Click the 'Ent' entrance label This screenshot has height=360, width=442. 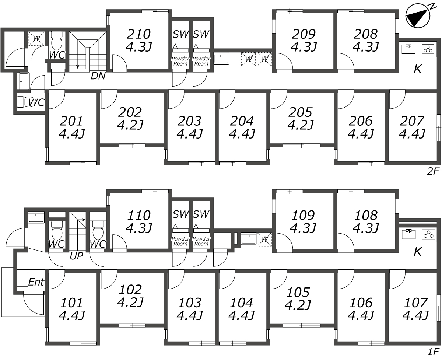tap(36, 283)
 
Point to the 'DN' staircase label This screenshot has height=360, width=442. tap(98, 76)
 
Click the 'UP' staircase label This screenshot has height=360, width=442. tap(76, 255)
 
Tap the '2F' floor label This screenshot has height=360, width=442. tap(433, 171)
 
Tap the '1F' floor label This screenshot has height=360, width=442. tap(433, 351)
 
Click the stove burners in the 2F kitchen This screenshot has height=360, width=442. tap(428, 49)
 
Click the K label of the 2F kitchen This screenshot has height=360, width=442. tap(417, 69)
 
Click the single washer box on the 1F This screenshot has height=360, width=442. tap(264, 240)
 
